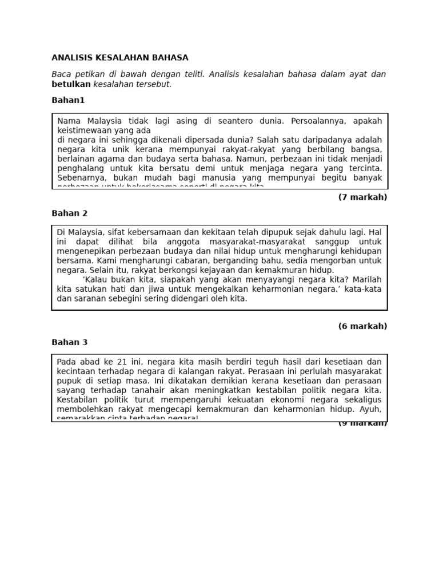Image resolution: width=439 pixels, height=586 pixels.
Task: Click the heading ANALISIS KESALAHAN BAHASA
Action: (x=119, y=58)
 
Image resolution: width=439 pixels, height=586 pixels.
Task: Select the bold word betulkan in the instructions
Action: (x=71, y=84)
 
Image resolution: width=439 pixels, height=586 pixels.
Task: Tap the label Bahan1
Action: (x=68, y=100)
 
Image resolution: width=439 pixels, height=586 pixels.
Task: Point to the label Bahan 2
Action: (x=69, y=213)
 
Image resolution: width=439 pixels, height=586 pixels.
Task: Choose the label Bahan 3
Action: (x=69, y=342)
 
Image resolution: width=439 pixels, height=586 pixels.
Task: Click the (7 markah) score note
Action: (x=362, y=197)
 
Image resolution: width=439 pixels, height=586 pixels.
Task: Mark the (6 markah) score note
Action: (x=362, y=326)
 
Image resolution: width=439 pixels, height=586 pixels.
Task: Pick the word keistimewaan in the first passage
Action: (x=83, y=130)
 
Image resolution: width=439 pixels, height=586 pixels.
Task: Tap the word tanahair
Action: (x=135, y=390)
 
